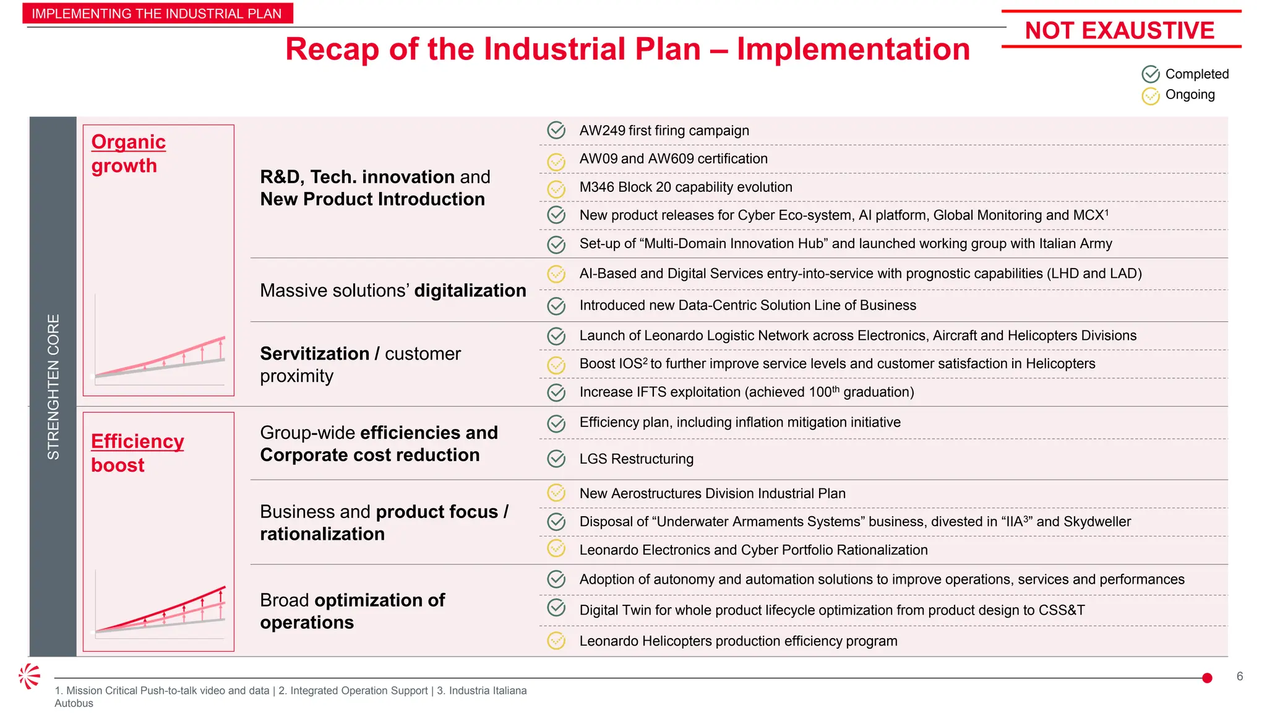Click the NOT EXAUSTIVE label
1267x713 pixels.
click(x=1120, y=30)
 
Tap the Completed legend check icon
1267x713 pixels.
click(x=1150, y=74)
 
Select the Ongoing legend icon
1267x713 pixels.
click(x=1150, y=96)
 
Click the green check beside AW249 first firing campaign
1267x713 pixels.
click(x=556, y=131)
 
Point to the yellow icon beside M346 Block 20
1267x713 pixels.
click(x=556, y=188)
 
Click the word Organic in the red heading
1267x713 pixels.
click(x=128, y=142)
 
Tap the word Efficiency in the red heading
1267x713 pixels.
click(x=137, y=441)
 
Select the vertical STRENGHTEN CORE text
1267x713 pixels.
click(x=53, y=387)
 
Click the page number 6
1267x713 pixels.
click(x=1239, y=676)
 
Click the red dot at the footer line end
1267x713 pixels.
click(x=1207, y=678)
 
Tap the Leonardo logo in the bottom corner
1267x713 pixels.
click(x=29, y=676)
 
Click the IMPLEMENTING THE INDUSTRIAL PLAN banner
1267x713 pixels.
click(x=157, y=14)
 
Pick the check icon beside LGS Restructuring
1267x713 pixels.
click(x=556, y=459)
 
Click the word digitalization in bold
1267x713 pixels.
click(x=470, y=291)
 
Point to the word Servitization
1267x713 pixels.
click(x=314, y=354)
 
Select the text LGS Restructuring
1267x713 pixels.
click(x=636, y=459)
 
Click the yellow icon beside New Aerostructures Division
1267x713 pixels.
click(x=556, y=493)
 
